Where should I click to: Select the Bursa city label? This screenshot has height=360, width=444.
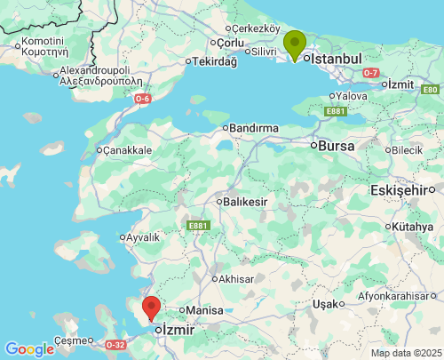point(337,145)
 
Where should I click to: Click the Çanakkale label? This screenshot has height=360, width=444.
point(128,151)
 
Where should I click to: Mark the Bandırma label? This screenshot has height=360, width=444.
point(253,129)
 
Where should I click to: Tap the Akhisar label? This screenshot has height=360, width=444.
point(235,278)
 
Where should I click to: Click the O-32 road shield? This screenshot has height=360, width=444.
point(115,344)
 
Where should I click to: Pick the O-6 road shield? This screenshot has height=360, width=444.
point(143,99)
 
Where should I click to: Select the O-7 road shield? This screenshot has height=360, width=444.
point(371,72)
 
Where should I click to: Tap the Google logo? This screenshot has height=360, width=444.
point(28,349)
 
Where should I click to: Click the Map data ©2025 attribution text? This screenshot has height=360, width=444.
point(405,353)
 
